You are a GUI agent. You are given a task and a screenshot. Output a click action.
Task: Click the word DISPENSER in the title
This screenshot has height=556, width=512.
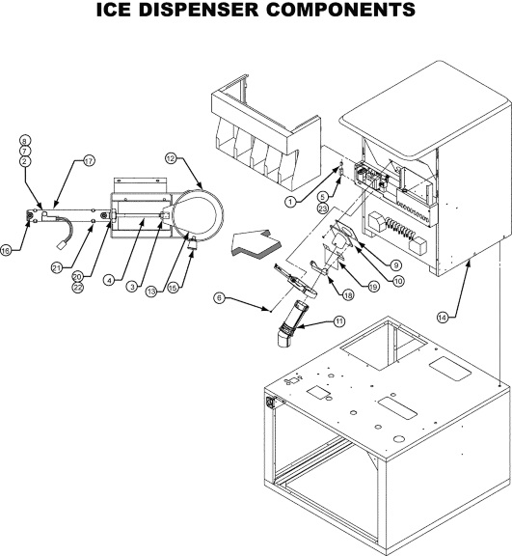(199, 10)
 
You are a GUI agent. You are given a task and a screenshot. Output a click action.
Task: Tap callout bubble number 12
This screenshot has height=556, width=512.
(171, 158)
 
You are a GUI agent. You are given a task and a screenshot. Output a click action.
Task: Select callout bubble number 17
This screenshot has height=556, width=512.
(89, 161)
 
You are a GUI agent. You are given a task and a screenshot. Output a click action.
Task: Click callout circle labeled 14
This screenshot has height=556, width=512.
(442, 318)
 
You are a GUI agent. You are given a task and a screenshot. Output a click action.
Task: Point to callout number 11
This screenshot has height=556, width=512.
(338, 321)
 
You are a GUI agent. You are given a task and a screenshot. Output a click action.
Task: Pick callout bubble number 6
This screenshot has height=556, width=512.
(219, 298)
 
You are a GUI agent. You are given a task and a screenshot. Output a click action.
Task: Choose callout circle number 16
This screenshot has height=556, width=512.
(6, 250)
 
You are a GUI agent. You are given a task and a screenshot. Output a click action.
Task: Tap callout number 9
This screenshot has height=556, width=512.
(395, 265)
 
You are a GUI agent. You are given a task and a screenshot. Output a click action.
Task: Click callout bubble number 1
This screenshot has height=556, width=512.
(290, 202)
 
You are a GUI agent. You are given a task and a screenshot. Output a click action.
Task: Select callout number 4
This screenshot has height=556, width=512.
(109, 280)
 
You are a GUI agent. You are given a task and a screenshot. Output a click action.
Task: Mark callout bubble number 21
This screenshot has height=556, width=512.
(57, 268)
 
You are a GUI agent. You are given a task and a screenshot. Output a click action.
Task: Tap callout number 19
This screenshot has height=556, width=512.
(373, 287)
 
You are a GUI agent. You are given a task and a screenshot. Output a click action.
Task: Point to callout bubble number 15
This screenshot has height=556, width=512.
(173, 288)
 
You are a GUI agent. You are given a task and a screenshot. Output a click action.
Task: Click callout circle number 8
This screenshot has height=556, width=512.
(25, 140)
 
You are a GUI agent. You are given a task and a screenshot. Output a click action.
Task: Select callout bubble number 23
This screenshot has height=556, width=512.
(323, 208)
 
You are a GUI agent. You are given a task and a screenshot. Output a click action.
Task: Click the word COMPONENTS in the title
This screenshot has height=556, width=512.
(340, 10)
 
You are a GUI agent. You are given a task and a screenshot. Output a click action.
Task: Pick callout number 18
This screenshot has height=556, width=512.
(348, 294)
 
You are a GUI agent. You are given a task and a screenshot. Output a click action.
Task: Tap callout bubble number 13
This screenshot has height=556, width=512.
(151, 292)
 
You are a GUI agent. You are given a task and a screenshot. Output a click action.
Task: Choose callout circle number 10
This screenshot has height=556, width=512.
(398, 281)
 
